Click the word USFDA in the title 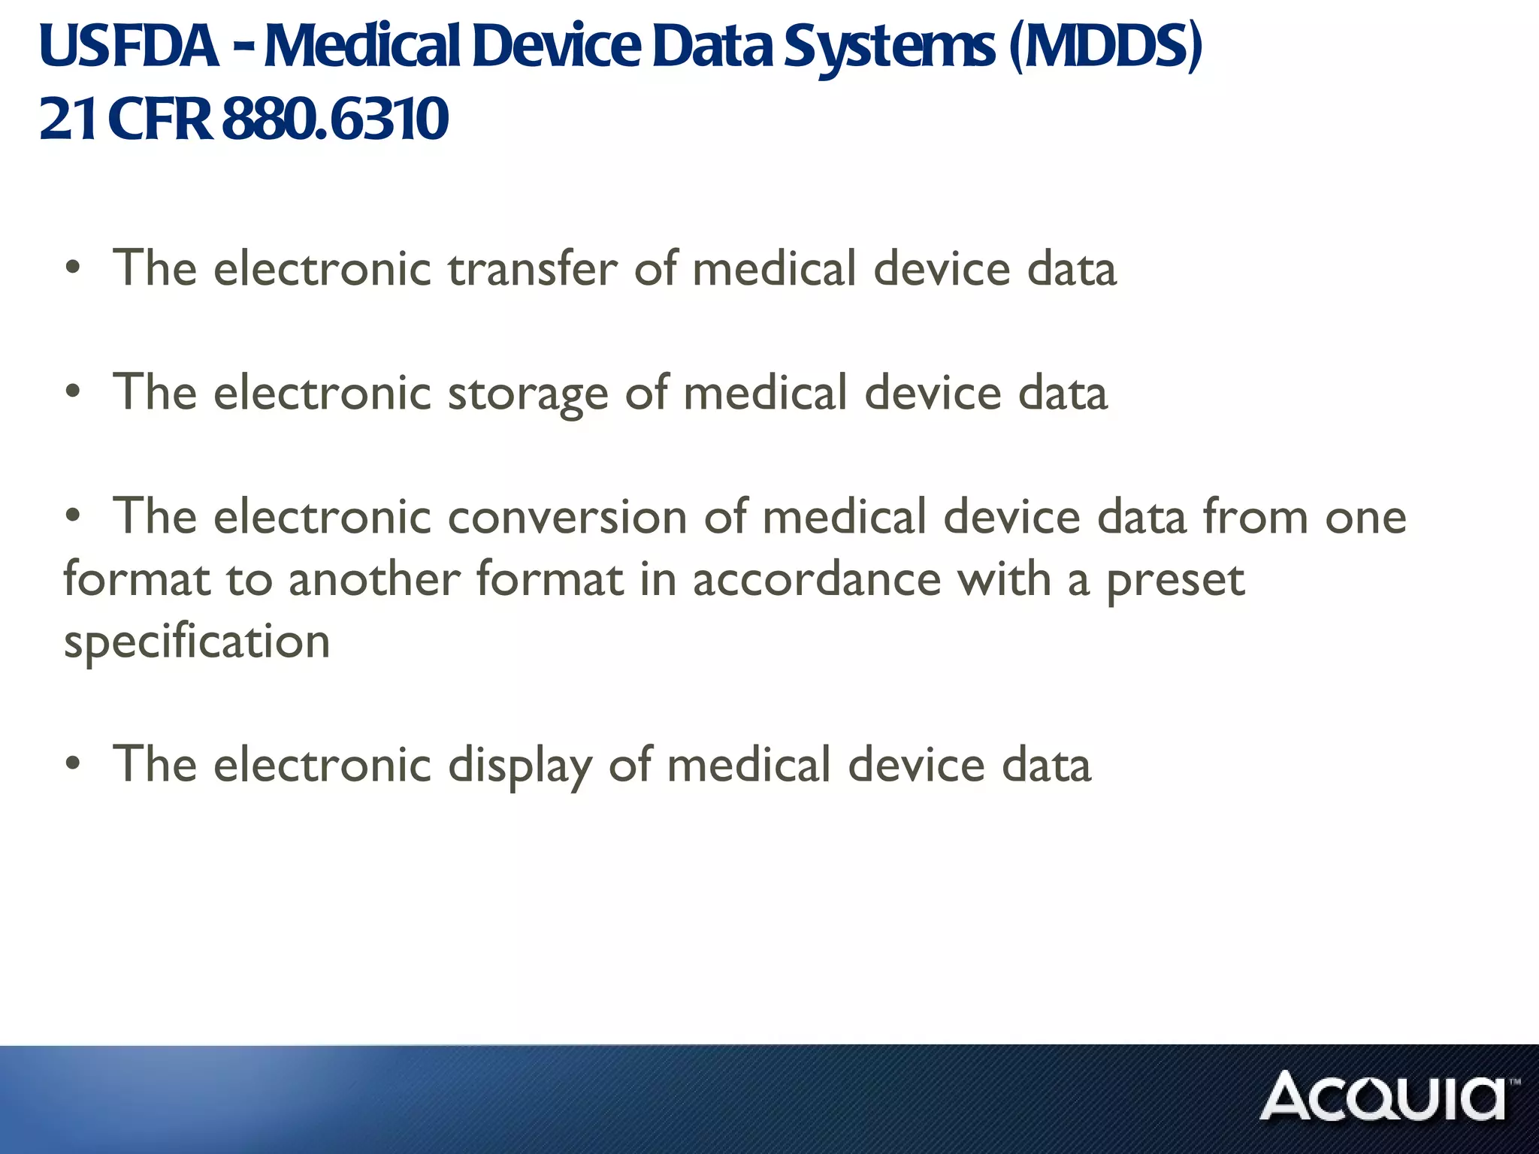pyautogui.click(x=129, y=47)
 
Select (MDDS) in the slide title pyautogui.click(x=1105, y=47)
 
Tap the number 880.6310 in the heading pyautogui.click(x=335, y=119)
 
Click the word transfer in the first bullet pyautogui.click(x=532, y=268)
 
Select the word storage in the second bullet pyautogui.click(x=528, y=394)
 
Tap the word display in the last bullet pyautogui.click(x=519, y=766)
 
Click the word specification pyautogui.click(x=197, y=642)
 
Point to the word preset pyautogui.click(x=1175, y=580)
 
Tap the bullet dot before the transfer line pyautogui.click(x=72, y=268)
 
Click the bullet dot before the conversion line pyautogui.click(x=72, y=517)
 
